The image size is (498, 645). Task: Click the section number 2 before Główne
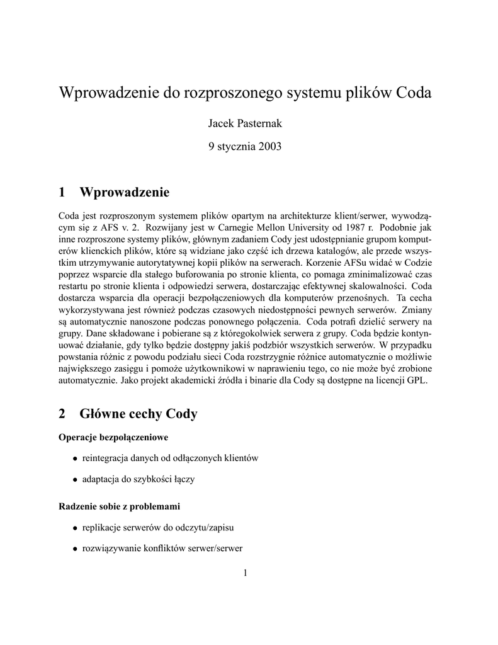tap(62, 414)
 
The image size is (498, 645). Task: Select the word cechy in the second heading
tap(143, 414)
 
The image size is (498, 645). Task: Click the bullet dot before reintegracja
tap(76, 459)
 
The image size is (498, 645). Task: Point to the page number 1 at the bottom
tap(246, 573)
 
